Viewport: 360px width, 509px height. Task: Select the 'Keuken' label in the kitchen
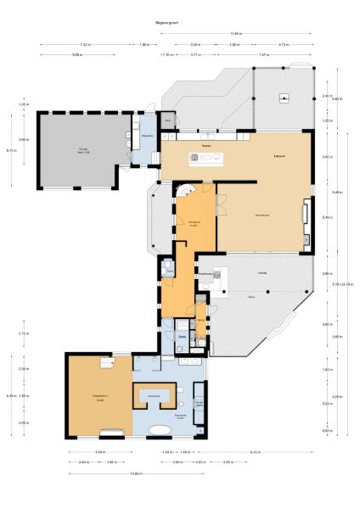[206, 148]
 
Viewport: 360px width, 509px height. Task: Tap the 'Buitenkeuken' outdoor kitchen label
[205, 274]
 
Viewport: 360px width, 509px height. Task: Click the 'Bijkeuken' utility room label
[147, 135]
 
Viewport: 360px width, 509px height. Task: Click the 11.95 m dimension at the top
[235, 34]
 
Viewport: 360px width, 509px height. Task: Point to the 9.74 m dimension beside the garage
[11, 150]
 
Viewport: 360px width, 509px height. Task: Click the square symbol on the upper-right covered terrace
[284, 98]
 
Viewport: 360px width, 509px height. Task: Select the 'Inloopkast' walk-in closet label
[155, 396]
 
